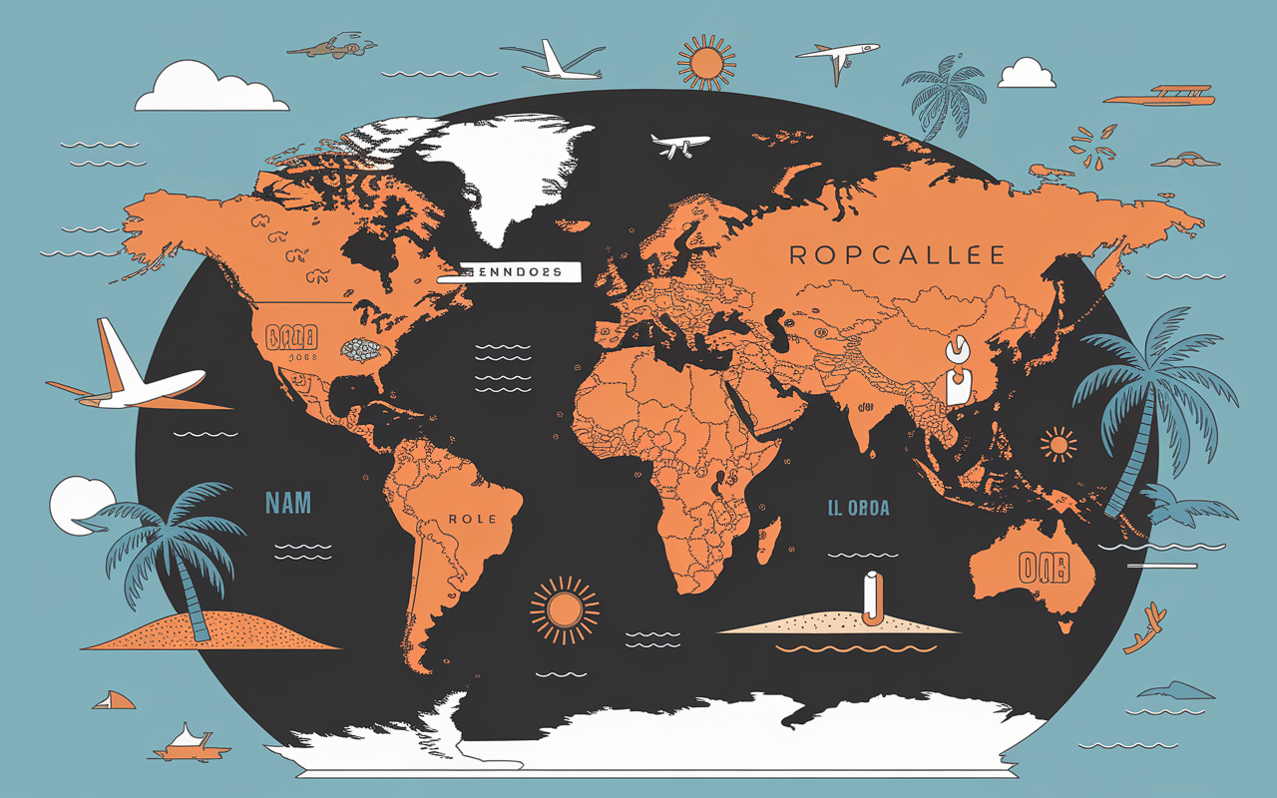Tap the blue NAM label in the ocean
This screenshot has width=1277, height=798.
tap(287, 503)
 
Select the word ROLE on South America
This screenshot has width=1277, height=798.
tap(466, 520)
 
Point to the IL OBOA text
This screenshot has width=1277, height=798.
tap(857, 509)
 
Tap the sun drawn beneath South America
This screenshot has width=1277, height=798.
tap(564, 608)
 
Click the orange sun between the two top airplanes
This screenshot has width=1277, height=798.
tap(706, 62)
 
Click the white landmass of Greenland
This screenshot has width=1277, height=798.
tap(499, 175)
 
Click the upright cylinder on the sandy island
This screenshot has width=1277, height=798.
tap(871, 598)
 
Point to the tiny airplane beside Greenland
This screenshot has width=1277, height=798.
tap(679, 146)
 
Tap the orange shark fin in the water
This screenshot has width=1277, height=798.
tap(116, 700)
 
